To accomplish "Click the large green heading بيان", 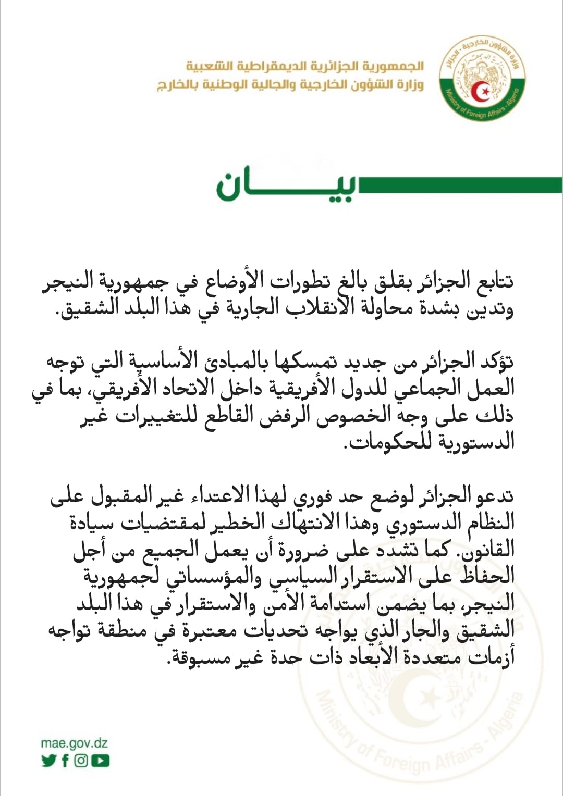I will tap(287, 185).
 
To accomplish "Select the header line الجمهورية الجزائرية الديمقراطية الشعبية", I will tap(305, 66).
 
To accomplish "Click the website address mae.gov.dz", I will tap(74, 743).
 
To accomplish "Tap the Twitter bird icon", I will tap(48, 761).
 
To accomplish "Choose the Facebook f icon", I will tap(65, 761).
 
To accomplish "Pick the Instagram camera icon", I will tap(81, 761).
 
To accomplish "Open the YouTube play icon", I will tap(100, 761).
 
